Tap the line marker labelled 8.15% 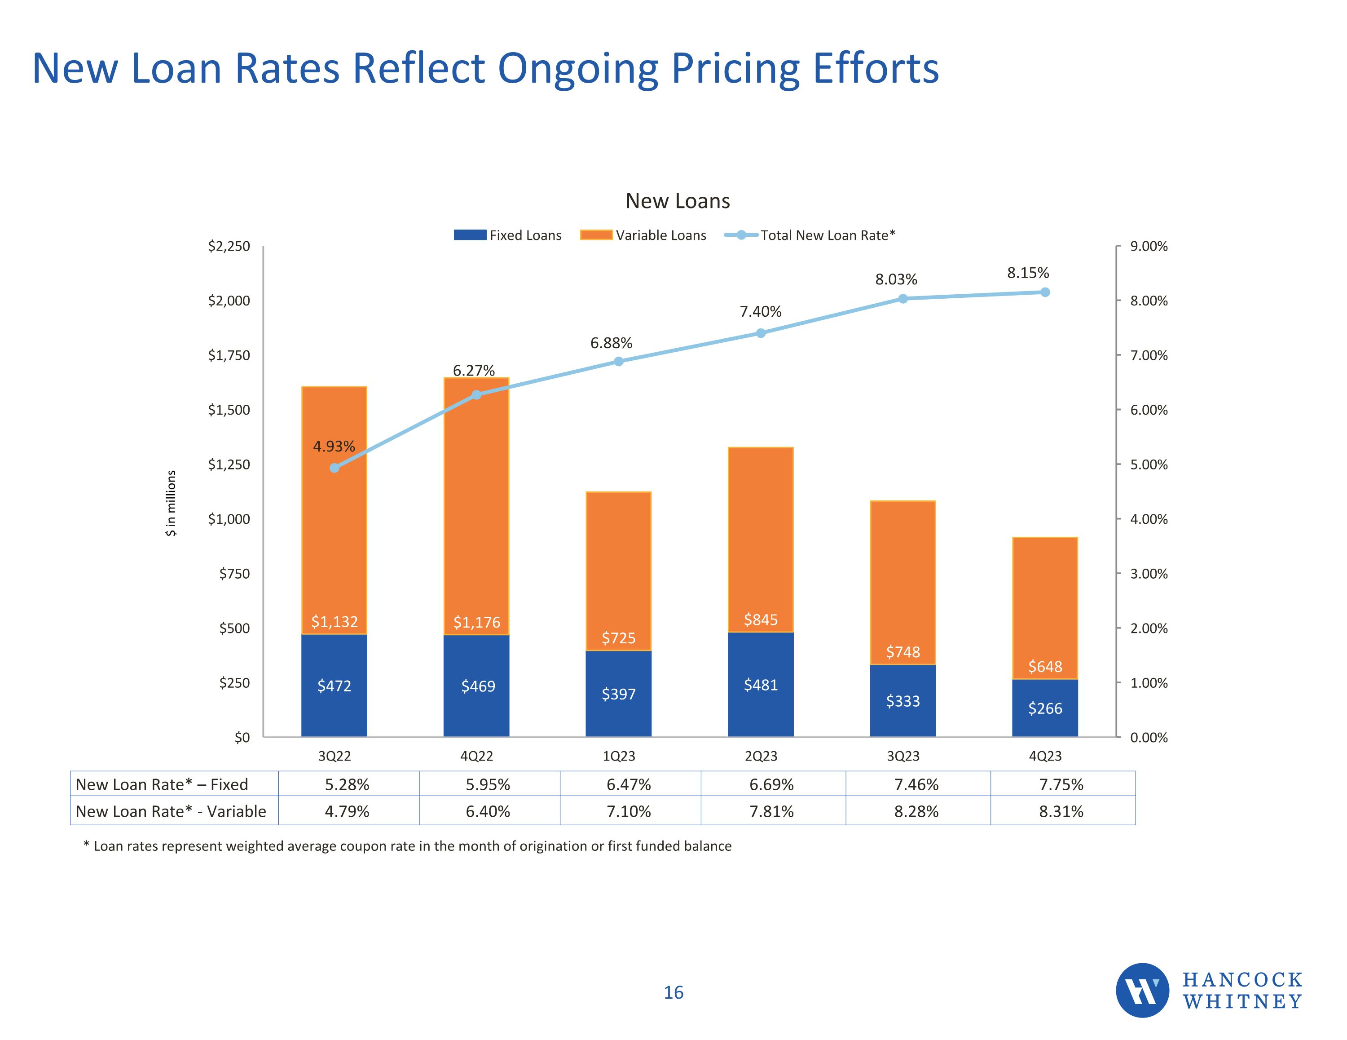[x=1045, y=292]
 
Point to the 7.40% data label [x=761, y=312]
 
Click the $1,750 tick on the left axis [x=229, y=355]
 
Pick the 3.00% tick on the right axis [x=1149, y=574]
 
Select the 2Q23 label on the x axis [x=761, y=756]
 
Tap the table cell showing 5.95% [x=488, y=784]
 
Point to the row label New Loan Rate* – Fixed [x=162, y=784]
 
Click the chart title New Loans [x=677, y=201]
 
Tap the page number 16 [x=673, y=992]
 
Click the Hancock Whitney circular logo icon [x=1142, y=990]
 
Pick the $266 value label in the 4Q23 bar [x=1045, y=708]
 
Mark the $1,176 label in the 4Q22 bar [x=477, y=622]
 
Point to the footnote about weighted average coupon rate [x=407, y=846]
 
